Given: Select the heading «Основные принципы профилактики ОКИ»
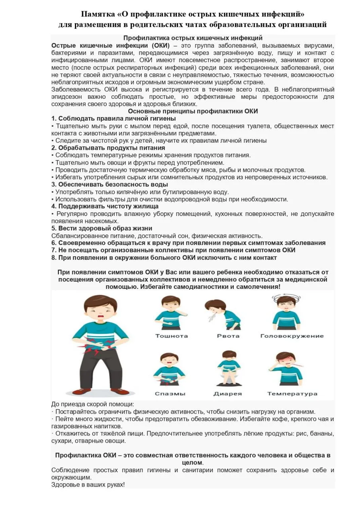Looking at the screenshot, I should click(x=193, y=111).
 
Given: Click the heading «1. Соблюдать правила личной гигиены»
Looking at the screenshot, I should click(x=113, y=118).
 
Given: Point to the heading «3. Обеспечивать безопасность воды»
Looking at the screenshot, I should click(x=110, y=184).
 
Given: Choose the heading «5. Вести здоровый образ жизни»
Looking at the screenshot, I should click(x=102, y=228).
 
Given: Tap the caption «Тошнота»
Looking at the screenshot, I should click(x=171, y=336).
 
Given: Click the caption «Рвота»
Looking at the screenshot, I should click(x=228, y=336).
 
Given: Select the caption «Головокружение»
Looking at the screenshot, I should click(x=292, y=336).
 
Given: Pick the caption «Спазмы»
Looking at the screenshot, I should click(x=170, y=394).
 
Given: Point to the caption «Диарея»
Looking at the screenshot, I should click(x=228, y=394).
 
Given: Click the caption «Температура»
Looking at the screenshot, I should click(x=292, y=394).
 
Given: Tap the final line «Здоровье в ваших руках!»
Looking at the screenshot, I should click(x=88, y=484).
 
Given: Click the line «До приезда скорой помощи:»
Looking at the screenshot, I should click(x=93, y=404).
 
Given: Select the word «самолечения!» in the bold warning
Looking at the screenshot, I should click(x=258, y=286).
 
